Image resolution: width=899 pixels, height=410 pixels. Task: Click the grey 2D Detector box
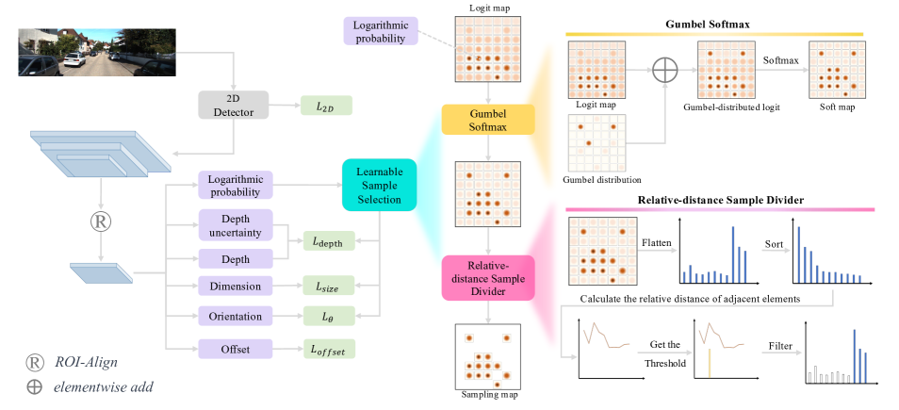tap(233, 105)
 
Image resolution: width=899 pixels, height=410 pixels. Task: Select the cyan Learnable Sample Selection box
tap(378, 183)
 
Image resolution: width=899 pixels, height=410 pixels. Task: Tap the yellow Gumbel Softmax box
tap(487, 120)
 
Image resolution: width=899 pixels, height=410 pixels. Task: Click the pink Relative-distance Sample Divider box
tap(487, 278)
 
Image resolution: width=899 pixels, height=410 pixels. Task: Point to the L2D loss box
tap(325, 107)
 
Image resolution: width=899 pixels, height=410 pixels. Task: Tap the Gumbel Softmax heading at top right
tap(714, 23)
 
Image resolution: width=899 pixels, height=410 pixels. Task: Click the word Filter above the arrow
tap(781, 347)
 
